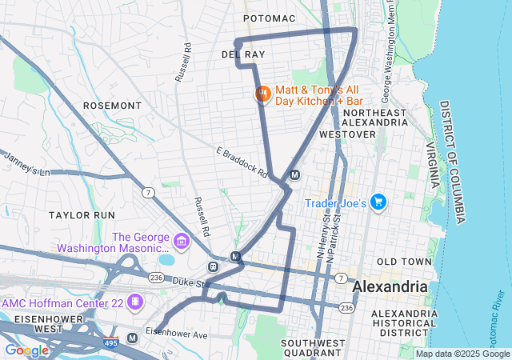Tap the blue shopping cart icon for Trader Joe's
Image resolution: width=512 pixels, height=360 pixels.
pos(378,203)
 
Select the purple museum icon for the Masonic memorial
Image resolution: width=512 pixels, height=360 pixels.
pos(182,240)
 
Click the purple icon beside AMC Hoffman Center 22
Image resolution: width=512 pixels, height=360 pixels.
pos(135,302)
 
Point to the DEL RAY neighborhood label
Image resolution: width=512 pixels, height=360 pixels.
pos(243,54)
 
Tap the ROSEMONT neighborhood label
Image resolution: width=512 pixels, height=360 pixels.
pos(112,106)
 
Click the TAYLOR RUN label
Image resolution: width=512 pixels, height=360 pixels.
pos(82,215)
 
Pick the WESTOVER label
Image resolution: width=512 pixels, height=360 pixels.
pos(347,134)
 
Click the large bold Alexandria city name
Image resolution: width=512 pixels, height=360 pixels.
pos(390,286)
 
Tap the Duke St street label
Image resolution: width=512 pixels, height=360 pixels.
pos(190,282)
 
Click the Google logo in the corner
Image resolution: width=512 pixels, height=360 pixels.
pos(26,350)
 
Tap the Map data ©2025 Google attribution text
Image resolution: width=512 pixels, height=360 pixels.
pos(462,354)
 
